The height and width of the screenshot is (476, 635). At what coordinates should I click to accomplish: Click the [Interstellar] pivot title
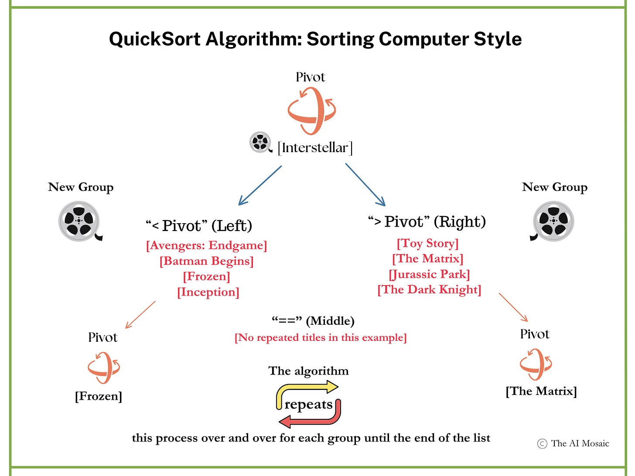[315, 148]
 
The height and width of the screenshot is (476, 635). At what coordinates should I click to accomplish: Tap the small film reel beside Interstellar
[260, 142]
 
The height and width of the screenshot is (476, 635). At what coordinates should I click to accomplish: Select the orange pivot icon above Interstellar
[311, 111]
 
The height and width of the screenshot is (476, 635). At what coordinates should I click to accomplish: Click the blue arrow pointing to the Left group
[260, 185]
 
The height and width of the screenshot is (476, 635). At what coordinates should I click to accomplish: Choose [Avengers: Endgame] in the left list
[206, 245]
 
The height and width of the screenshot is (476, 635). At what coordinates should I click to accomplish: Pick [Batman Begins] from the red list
[206, 261]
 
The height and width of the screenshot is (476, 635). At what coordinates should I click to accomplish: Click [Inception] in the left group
[208, 292]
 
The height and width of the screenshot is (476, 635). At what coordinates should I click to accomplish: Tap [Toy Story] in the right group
[427, 243]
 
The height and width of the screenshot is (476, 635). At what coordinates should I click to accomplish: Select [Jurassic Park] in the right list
[429, 274]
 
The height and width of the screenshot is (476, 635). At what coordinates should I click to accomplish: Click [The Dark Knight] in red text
[429, 290]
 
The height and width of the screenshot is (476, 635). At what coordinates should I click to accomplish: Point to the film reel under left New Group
[79, 221]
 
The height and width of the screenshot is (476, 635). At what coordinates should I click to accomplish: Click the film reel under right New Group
[553, 221]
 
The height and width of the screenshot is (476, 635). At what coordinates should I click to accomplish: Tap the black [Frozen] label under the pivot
[99, 396]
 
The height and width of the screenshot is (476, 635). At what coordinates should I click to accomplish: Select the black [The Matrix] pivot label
[541, 391]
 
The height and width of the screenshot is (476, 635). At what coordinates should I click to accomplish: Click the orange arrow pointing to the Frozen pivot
[140, 315]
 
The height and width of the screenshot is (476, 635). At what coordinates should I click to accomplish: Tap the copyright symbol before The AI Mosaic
[542, 444]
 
